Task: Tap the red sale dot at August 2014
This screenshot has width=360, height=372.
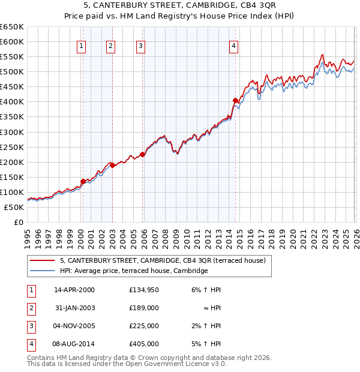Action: [235, 100]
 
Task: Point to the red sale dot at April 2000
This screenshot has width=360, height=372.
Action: [83, 181]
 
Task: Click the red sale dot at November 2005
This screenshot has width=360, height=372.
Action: [142, 154]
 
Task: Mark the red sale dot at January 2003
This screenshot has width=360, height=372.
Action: [112, 165]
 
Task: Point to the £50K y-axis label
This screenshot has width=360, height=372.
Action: [14, 207]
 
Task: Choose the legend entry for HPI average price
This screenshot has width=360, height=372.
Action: [133, 271]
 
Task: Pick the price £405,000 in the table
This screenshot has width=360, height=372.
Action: [143, 344]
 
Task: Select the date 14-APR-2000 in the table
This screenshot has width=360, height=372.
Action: [74, 290]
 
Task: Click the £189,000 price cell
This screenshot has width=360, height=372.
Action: [143, 308]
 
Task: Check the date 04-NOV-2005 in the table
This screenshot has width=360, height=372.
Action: [74, 326]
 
